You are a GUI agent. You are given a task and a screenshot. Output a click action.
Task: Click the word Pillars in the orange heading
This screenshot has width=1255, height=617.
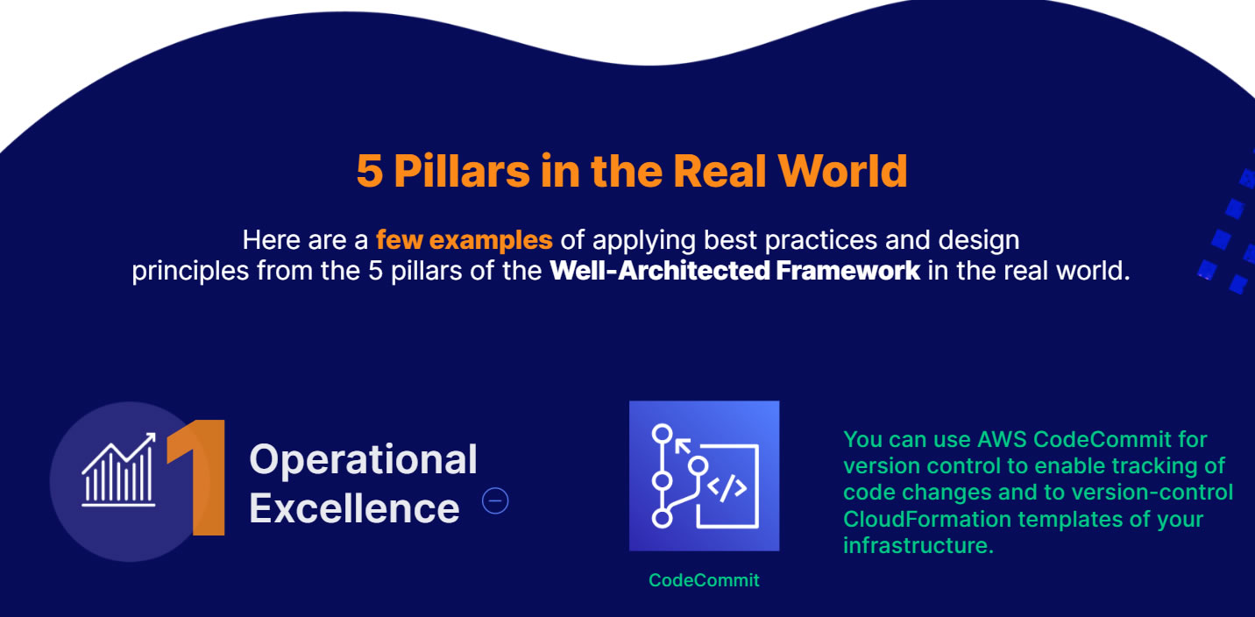tap(462, 171)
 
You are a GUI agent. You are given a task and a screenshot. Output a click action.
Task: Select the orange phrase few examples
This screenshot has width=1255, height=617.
tap(464, 240)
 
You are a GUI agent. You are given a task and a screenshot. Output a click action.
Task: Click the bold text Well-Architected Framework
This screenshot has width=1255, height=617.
tap(734, 271)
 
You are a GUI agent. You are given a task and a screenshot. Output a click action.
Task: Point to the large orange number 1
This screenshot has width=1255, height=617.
tap(197, 478)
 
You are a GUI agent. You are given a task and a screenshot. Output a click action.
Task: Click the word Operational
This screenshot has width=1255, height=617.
tap(363, 460)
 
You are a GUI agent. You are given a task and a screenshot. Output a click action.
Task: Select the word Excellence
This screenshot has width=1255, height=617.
tap(354, 508)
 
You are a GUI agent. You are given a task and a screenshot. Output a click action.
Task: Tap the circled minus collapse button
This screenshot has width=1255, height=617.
tap(495, 500)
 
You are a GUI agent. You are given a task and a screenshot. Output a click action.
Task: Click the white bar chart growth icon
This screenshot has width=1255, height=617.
tap(119, 470)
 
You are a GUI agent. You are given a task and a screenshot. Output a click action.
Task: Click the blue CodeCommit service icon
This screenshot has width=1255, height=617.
tap(705, 476)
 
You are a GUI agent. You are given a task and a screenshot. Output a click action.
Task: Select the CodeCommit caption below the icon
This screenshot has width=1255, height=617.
tap(704, 580)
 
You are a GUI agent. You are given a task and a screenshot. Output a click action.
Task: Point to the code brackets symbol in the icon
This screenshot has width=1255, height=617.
tap(727, 488)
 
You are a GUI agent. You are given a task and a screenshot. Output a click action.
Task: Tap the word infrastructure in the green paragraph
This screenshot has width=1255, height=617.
tap(918, 545)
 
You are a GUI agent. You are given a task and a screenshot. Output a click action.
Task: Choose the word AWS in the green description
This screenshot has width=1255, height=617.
tap(1002, 439)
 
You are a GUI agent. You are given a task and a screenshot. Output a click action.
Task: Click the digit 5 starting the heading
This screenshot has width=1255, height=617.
tap(370, 171)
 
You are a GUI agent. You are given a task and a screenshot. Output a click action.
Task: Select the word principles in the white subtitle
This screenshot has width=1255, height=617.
tap(190, 272)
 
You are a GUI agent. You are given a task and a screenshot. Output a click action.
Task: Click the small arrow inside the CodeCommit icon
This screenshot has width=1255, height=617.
tap(683, 447)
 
